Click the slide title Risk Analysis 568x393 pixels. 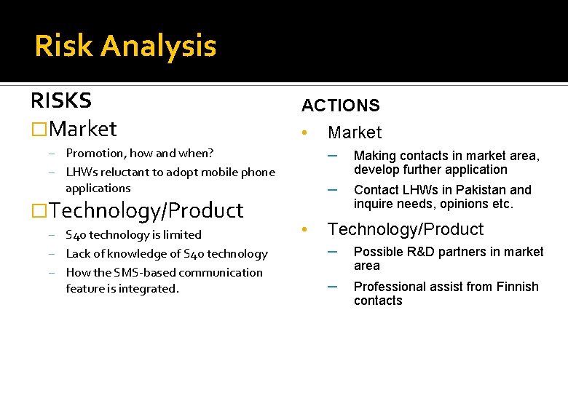(125, 46)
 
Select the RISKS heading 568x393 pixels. (61, 100)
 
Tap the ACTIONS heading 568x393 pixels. (341, 106)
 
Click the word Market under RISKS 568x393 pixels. (84, 129)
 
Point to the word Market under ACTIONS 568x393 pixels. (355, 132)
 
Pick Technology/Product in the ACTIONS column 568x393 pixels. (406, 229)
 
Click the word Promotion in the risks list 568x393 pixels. (95, 153)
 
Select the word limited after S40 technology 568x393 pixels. (184, 235)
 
